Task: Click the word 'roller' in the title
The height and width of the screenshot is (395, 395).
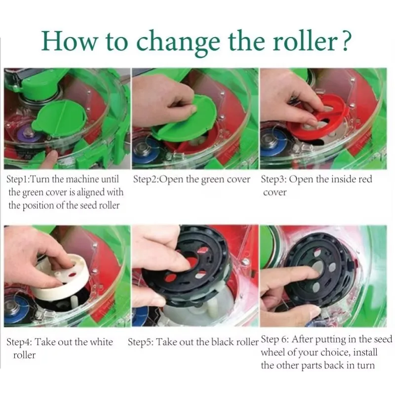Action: pyautogui.click(x=305, y=41)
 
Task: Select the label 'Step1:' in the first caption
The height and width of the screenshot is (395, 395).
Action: pyautogui.click(x=18, y=179)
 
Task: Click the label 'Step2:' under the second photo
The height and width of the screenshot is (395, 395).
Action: pyautogui.click(x=146, y=179)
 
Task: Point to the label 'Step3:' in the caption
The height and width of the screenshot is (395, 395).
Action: pyautogui.click(x=274, y=179)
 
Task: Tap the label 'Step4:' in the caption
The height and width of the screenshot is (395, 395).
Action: pyautogui.click(x=19, y=342)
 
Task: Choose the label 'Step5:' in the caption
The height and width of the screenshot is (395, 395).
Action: pyautogui.click(x=141, y=342)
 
